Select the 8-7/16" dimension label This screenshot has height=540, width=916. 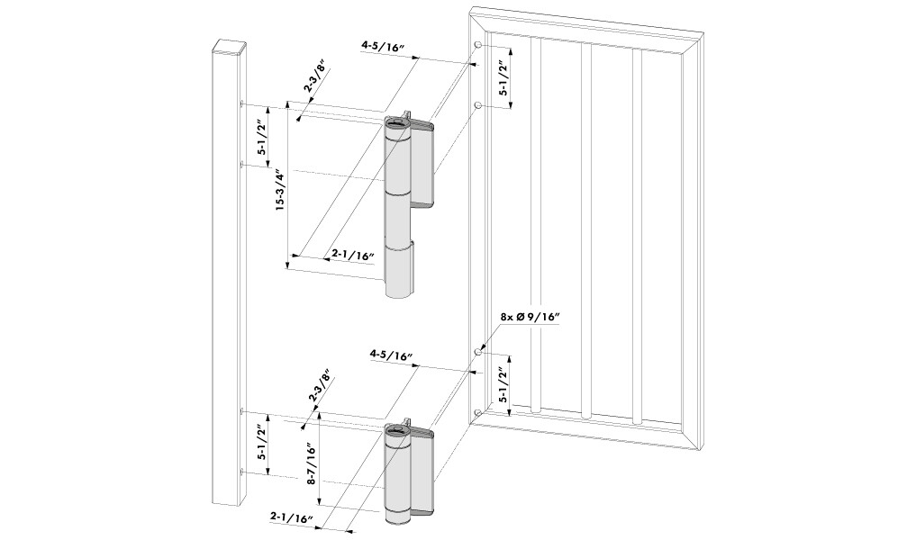tap(311, 465)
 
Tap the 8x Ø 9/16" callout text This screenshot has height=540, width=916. tap(531, 317)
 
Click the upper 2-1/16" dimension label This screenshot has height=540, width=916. tap(352, 256)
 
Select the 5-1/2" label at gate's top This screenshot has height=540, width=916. tap(505, 78)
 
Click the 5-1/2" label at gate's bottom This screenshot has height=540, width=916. tap(505, 385)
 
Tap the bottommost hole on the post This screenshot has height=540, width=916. tap(242, 472)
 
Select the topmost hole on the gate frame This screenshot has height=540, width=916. tap(476, 45)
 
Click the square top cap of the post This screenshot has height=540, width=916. tap(225, 44)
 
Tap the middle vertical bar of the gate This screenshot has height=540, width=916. tap(586, 225)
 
